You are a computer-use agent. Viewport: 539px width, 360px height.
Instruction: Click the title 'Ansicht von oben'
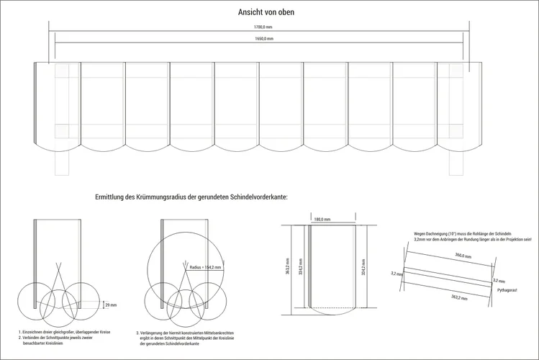coord(266,12)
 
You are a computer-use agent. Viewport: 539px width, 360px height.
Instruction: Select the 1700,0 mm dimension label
coord(263,27)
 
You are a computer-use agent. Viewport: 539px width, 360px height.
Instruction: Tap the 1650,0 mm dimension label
coord(263,38)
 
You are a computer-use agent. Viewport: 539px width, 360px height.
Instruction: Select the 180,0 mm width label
coord(322,219)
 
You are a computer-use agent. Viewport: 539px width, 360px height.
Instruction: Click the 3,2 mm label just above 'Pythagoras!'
coord(499,280)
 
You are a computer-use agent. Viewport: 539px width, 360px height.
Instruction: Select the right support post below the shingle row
coord(456,163)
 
